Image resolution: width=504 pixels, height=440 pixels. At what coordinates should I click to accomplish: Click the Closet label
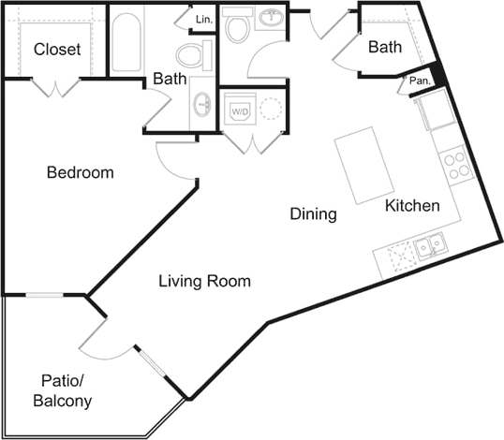click(x=57, y=49)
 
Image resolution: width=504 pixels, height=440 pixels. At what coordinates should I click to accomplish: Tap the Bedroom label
click(x=81, y=173)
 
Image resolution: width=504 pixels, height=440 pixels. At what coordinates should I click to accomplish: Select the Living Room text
click(x=204, y=281)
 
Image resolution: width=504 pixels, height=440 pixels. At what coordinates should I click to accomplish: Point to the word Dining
click(x=313, y=214)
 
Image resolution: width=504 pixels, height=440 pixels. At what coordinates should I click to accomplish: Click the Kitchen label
click(x=413, y=205)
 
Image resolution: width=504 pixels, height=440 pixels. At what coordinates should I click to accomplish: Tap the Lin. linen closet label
click(x=204, y=19)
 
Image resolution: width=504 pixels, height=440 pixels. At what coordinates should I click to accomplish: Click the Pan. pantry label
click(x=418, y=82)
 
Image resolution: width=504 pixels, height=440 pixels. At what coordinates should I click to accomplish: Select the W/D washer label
click(x=240, y=110)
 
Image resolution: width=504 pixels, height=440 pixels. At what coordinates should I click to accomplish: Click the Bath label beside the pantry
click(x=385, y=48)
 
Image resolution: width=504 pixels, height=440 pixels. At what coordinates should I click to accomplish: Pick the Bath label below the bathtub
click(x=170, y=79)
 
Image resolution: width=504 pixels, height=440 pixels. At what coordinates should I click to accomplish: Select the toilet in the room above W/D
click(x=238, y=26)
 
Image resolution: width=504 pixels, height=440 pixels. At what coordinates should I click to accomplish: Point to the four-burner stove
click(x=457, y=166)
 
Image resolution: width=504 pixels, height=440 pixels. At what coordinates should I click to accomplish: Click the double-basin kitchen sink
click(x=431, y=246)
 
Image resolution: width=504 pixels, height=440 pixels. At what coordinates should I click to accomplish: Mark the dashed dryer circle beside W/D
click(x=269, y=110)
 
